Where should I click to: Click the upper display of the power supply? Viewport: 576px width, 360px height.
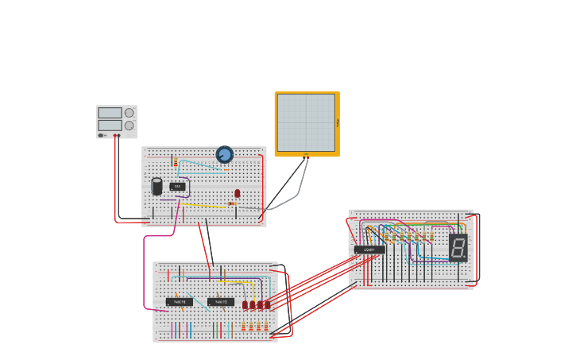point(110,113)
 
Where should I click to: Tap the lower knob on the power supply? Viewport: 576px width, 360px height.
point(129,126)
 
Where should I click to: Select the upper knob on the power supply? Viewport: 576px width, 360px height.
point(129,113)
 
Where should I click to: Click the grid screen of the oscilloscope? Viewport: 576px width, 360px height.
point(306,122)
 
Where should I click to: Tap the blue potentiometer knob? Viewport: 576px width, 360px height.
point(225,154)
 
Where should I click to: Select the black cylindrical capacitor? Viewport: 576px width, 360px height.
point(157,187)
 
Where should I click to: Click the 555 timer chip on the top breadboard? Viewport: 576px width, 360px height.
point(177,187)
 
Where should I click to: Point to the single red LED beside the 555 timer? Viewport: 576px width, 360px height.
point(237,193)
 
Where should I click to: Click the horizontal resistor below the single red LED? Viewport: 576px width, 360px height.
point(231,203)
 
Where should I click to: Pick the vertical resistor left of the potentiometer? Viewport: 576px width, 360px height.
point(176,161)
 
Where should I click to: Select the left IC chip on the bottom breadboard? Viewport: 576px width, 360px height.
point(180,302)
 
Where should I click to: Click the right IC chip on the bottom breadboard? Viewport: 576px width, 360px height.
point(221,302)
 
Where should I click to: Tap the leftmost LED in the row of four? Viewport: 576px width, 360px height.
point(245,304)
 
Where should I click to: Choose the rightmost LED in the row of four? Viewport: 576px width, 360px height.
point(267,304)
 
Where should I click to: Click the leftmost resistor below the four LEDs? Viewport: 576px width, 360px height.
point(244,326)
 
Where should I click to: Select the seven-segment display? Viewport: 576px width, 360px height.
point(458,247)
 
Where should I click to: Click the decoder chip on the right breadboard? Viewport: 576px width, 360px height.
point(369,250)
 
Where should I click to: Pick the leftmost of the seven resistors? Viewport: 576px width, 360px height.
point(388,237)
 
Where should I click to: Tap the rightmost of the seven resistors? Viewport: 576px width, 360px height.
point(431,237)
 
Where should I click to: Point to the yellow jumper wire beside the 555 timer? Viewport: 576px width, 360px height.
point(203,207)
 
